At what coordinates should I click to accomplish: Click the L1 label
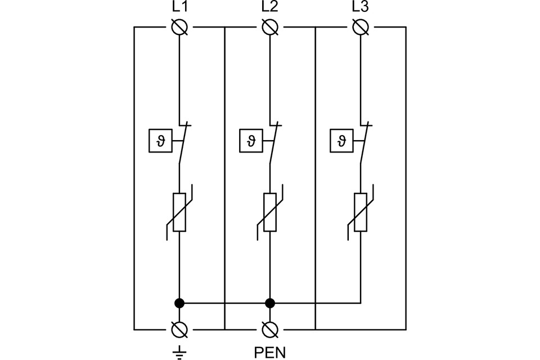point(179,8)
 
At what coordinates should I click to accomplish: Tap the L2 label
point(270,8)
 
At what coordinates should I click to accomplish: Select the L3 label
point(361,8)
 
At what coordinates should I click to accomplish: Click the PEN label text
point(270,353)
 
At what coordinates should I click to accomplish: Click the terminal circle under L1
point(179,26)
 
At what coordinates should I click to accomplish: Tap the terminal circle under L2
point(270,26)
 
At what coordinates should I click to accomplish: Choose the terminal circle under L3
point(361,26)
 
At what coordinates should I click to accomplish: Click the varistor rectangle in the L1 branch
point(179,212)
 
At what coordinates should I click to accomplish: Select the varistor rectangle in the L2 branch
point(270,212)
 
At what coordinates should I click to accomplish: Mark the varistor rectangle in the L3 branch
point(361,212)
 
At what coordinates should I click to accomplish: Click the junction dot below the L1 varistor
point(179,303)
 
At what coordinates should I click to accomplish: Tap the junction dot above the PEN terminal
point(270,303)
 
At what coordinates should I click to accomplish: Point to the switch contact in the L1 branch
point(183,143)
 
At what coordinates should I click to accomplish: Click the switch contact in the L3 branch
point(364,143)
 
